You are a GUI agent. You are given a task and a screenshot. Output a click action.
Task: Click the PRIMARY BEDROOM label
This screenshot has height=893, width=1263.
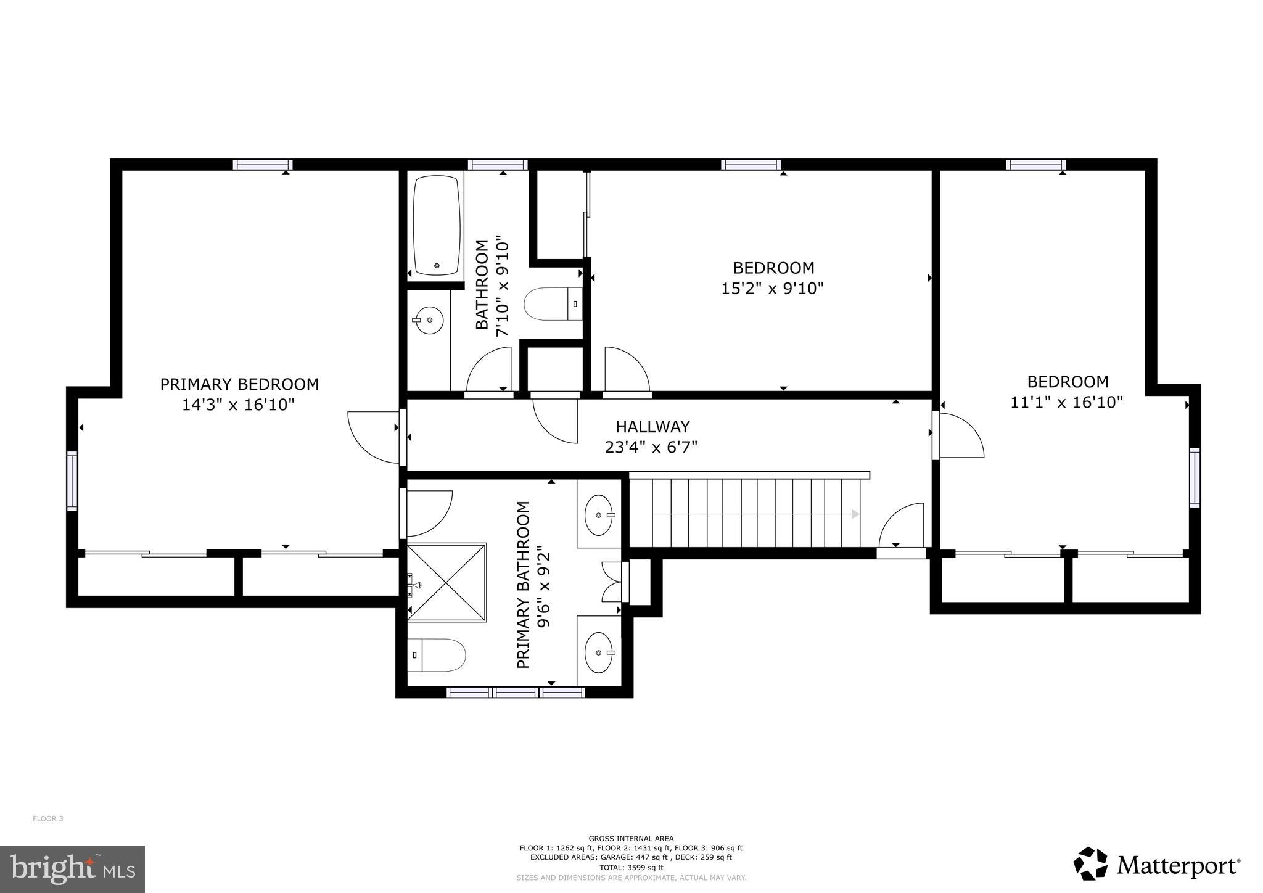click(x=239, y=384)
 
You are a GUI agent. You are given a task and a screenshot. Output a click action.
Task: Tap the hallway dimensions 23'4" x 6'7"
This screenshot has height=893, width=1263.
click(x=651, y=447)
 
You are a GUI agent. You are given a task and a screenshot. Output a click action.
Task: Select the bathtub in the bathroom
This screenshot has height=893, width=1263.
click(x=437, y=225)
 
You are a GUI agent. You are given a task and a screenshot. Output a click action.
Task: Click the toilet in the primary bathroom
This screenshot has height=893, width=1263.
click(x=436, y=655)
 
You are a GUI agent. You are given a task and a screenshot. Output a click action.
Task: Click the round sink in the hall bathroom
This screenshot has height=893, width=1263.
click(x=428, y=320)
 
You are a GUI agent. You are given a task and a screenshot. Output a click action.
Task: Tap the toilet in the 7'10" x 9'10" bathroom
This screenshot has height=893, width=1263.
click(x=553, y=304)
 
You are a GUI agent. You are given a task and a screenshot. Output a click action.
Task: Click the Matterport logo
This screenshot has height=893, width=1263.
click(x=1156, y=865)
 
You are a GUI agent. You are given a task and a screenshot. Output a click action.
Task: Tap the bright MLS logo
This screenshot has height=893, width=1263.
click(x=72, y=869)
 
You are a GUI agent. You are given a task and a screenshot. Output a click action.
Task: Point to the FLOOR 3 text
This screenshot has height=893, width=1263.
click(x=48, y=819)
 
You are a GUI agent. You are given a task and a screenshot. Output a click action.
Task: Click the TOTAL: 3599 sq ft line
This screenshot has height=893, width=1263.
click(x=631, y=867)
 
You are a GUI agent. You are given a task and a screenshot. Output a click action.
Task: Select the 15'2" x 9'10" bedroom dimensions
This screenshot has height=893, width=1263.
click(x=773, y=288)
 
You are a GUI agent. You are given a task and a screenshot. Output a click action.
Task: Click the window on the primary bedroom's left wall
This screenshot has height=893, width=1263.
click(x=72, y=481)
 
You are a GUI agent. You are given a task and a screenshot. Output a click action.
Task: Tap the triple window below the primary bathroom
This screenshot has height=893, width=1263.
click(x=515, y=692)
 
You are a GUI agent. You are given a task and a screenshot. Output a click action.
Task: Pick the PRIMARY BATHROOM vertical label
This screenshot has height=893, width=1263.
click(x=523, y=585)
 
